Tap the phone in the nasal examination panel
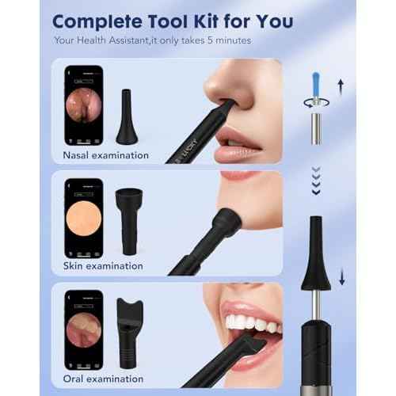pyautogui.click(x=83, y=106)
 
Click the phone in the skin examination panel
pyautogui.click(x=83, y=219)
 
